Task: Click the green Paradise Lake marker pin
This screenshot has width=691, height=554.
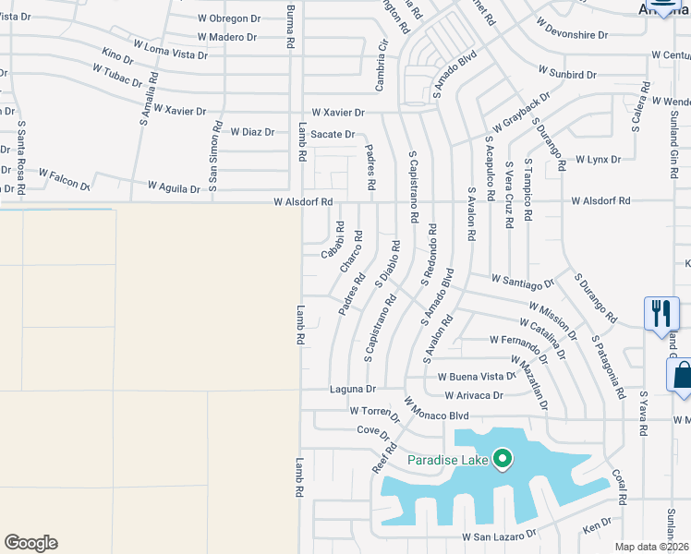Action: (x=503, y=458)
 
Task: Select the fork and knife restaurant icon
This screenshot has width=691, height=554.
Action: (x=661, y=312)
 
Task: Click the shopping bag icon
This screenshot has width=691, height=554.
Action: (x=682, y=376)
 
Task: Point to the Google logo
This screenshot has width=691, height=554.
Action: (x=30, y=543)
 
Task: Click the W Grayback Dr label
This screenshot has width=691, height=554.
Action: (x=521, y=111)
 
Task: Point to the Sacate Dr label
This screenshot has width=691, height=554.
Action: (x=333, y=135)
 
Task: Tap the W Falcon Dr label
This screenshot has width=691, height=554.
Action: (x=64, y=177)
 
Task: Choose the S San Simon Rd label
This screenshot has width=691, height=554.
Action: (x=215, y=157)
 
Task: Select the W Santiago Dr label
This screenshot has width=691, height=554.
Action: (x=522, y=280)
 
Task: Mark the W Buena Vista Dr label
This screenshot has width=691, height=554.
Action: (x=477, y=377)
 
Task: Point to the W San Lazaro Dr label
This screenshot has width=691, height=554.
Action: (x=500, y=536)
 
